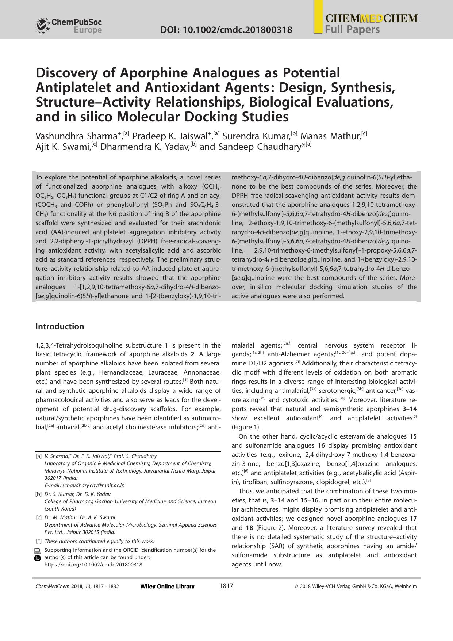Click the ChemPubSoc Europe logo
pos(69,26)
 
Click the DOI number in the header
pos(226,30)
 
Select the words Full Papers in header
pos(352,29)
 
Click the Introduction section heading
pos(59,326)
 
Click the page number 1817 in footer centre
pos(226,586)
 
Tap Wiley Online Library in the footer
pos(167,587)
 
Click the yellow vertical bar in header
pos(318,16)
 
